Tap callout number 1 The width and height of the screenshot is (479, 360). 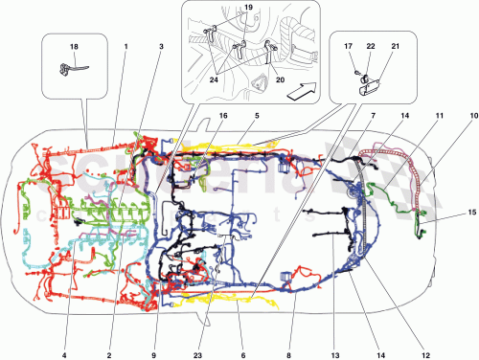coord(125,45)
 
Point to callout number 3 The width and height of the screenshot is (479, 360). coord(161,45)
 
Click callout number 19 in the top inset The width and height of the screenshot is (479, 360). coord(247,8)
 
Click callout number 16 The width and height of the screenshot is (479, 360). coord(222,115)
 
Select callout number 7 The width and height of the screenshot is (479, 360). coord(372,115)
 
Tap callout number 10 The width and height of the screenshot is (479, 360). coord(472,115)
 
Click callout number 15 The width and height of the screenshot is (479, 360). coord(472,212)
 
